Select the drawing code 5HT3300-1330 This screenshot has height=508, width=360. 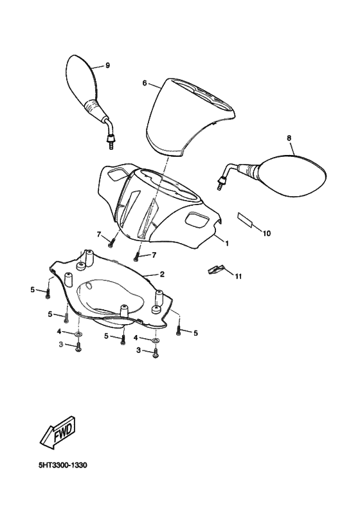click(x=62, y=466)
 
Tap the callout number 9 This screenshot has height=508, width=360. click(x=107, y=66)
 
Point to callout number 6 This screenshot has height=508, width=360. click(x=145, y=83)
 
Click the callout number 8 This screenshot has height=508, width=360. click(x=289, y=138)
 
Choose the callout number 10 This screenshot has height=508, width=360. click(x=266, y=233)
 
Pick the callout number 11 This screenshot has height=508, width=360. click(x=238, y=277)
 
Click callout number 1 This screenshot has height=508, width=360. click(x=227, y=243)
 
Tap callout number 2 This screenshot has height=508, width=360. click(x=162, y=275)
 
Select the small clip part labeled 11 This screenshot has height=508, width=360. click(x=216, y=269)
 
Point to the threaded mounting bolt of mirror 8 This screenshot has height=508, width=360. click(x=221, y=183)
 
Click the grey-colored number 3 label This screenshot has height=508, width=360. click(x=61, y=345)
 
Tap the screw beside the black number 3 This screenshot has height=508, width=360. click(x=156, y=353)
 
